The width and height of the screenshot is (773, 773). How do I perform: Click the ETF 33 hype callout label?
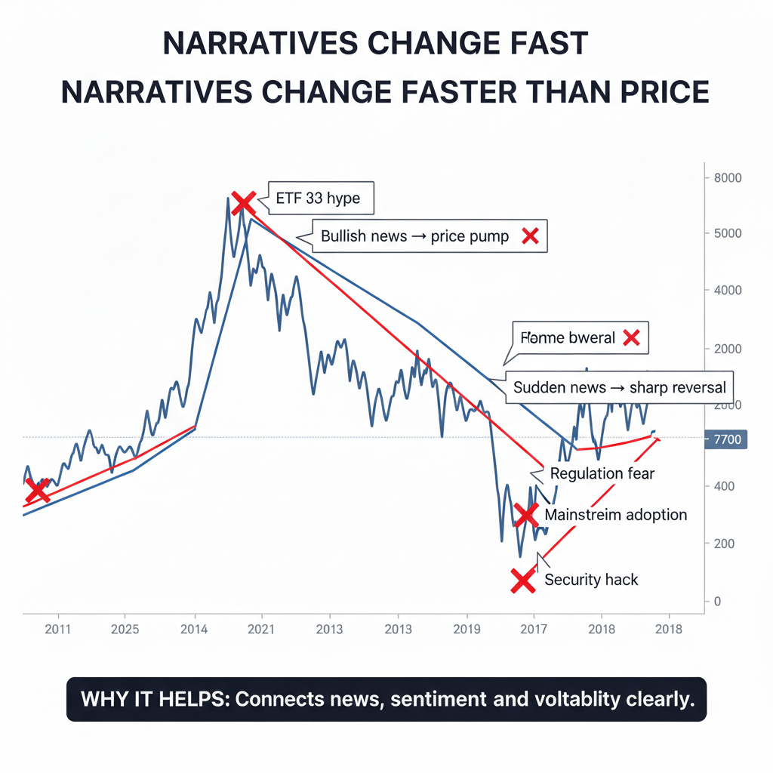click(318, 199)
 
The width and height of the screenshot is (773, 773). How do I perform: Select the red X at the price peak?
click(243, 202)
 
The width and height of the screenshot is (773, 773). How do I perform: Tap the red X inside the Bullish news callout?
click(530, 236)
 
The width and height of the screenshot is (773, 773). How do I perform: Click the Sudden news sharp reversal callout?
click(619, 387)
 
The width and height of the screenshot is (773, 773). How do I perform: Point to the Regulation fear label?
click(602, 474)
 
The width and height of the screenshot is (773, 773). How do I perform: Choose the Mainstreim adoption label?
click(615, 515)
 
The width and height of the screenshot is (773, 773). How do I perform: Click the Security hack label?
click(591, 580)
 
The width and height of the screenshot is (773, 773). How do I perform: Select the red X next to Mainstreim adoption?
click(525, 516)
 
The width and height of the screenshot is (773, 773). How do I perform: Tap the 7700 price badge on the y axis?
click(725, 439)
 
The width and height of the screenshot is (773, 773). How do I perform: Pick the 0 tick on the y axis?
click(717, 602)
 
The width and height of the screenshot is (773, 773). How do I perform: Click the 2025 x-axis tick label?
click(125, 629)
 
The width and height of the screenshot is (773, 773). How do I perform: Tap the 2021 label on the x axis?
click(260, 629)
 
